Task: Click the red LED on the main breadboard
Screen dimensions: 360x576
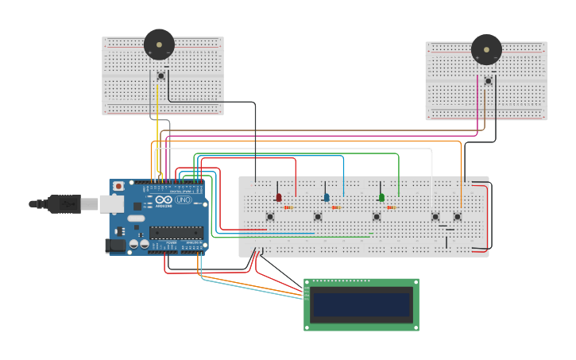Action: click(x=278, y=197)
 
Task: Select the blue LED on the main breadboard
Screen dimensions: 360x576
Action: click(x=326, y=197)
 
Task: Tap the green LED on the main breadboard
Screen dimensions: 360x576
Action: click(x=381, y=197)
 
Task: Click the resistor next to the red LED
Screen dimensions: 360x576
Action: click(x=288, y=207)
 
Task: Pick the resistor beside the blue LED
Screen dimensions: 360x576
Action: click(x=335, y=207)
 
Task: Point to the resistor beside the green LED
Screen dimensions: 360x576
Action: click(x=391, y=207)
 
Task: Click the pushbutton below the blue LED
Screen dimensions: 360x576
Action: click(x=318, y=217)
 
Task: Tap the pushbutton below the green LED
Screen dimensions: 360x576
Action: click(x=377, y=217)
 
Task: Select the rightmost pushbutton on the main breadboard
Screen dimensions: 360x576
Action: click(x=458, y=216)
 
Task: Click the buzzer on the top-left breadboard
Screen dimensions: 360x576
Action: click(x=159, y=45)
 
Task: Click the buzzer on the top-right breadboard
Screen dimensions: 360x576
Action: click(x=486, y=49)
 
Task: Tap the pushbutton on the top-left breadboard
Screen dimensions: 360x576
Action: click(x=161, y=76)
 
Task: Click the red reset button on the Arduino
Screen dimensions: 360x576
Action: click(x=118, y=186)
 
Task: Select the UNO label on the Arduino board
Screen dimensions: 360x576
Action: click(x=184, y=199)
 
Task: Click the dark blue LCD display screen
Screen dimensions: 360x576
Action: click(x=361, y=304)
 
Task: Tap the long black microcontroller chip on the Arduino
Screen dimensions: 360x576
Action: click(x=176, y=233)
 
